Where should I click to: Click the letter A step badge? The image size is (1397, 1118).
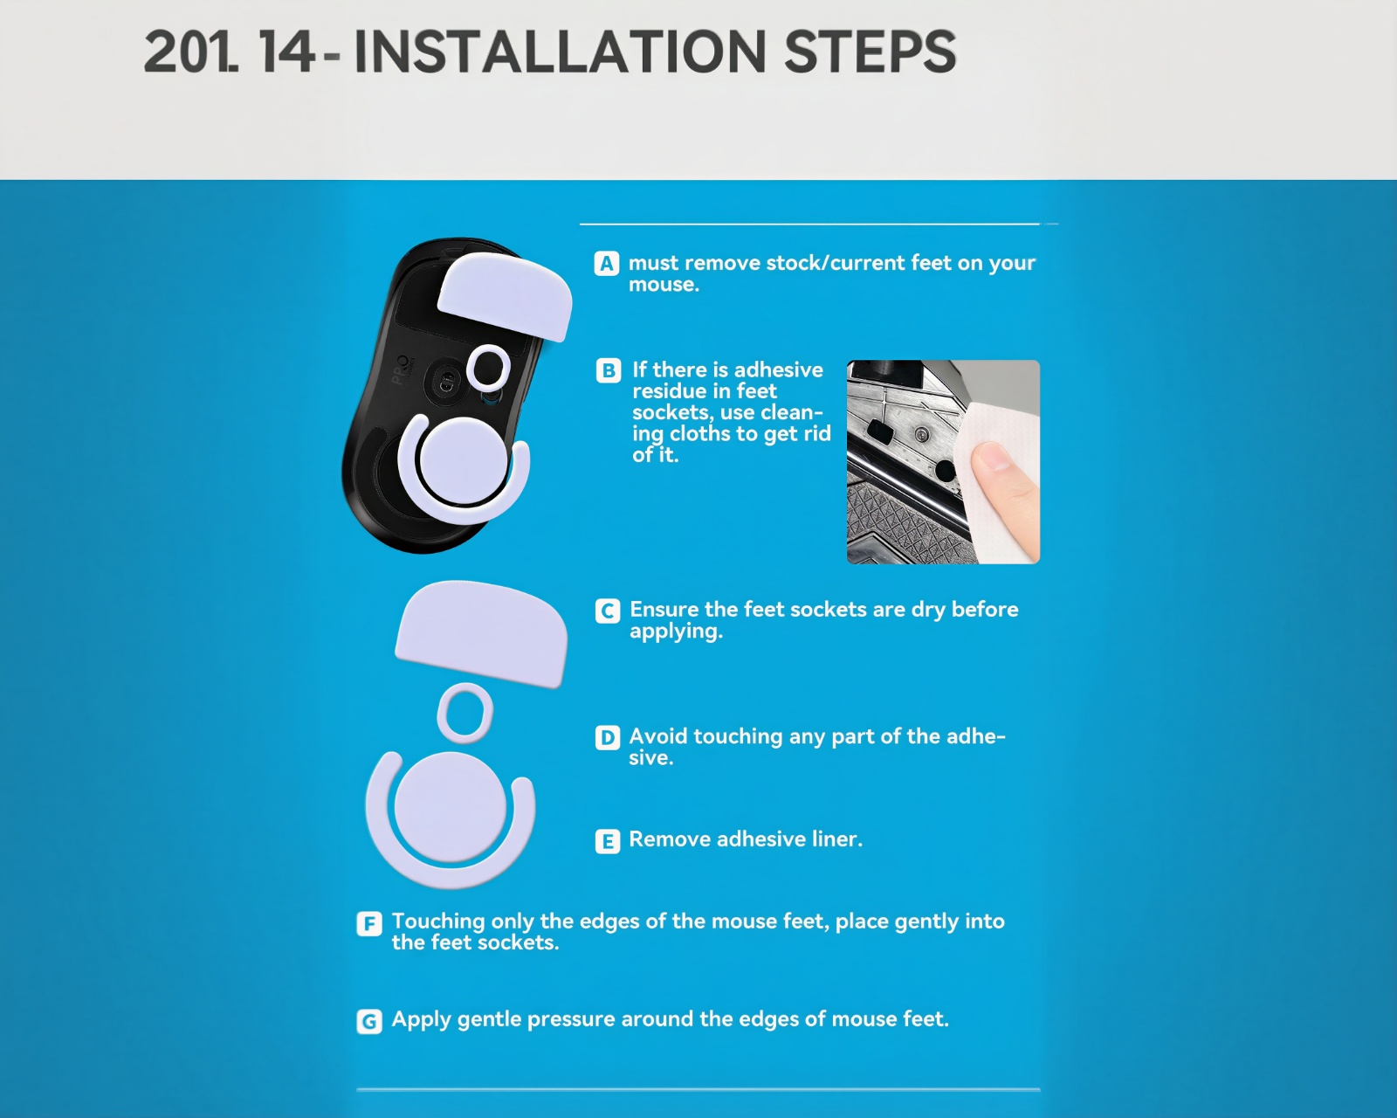click(606, 264)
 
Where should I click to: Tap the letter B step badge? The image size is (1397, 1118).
click(609, 370)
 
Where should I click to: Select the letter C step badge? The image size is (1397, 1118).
click(608, 611)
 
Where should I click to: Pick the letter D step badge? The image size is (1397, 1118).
click(608, 737)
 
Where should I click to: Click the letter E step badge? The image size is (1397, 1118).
click(608, 841)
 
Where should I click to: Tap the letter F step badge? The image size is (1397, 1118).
click(369, 923)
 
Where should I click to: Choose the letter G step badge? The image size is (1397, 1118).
click(369, 1021)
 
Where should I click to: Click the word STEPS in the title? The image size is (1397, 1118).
click(870, 52)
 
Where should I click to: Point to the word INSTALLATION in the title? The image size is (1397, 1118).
click(561, 52)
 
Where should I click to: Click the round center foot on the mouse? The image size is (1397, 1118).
click(462, 460)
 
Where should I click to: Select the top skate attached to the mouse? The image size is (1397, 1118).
click(505, 296)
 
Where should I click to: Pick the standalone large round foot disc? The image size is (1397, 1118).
click(450, 807)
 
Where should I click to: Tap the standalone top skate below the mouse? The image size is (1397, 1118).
click(481, 633)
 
